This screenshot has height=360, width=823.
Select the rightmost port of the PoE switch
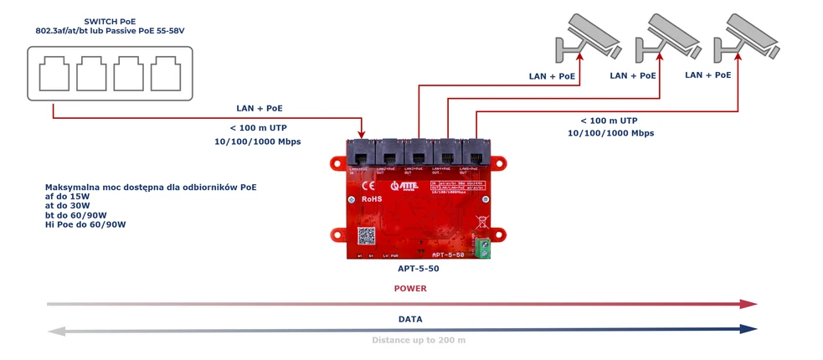click(165, 75)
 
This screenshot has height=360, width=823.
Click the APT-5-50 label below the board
click(419, 270)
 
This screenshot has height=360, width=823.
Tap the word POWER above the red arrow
click(410, 289)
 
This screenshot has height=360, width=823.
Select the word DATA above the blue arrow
click(410, 319)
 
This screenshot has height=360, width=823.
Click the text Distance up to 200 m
click(419, 341)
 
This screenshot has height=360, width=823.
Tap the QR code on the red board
click(366, 236)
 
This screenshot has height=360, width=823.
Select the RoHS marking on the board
click(372, 200)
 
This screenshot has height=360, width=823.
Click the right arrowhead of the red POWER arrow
click(749, 304)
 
